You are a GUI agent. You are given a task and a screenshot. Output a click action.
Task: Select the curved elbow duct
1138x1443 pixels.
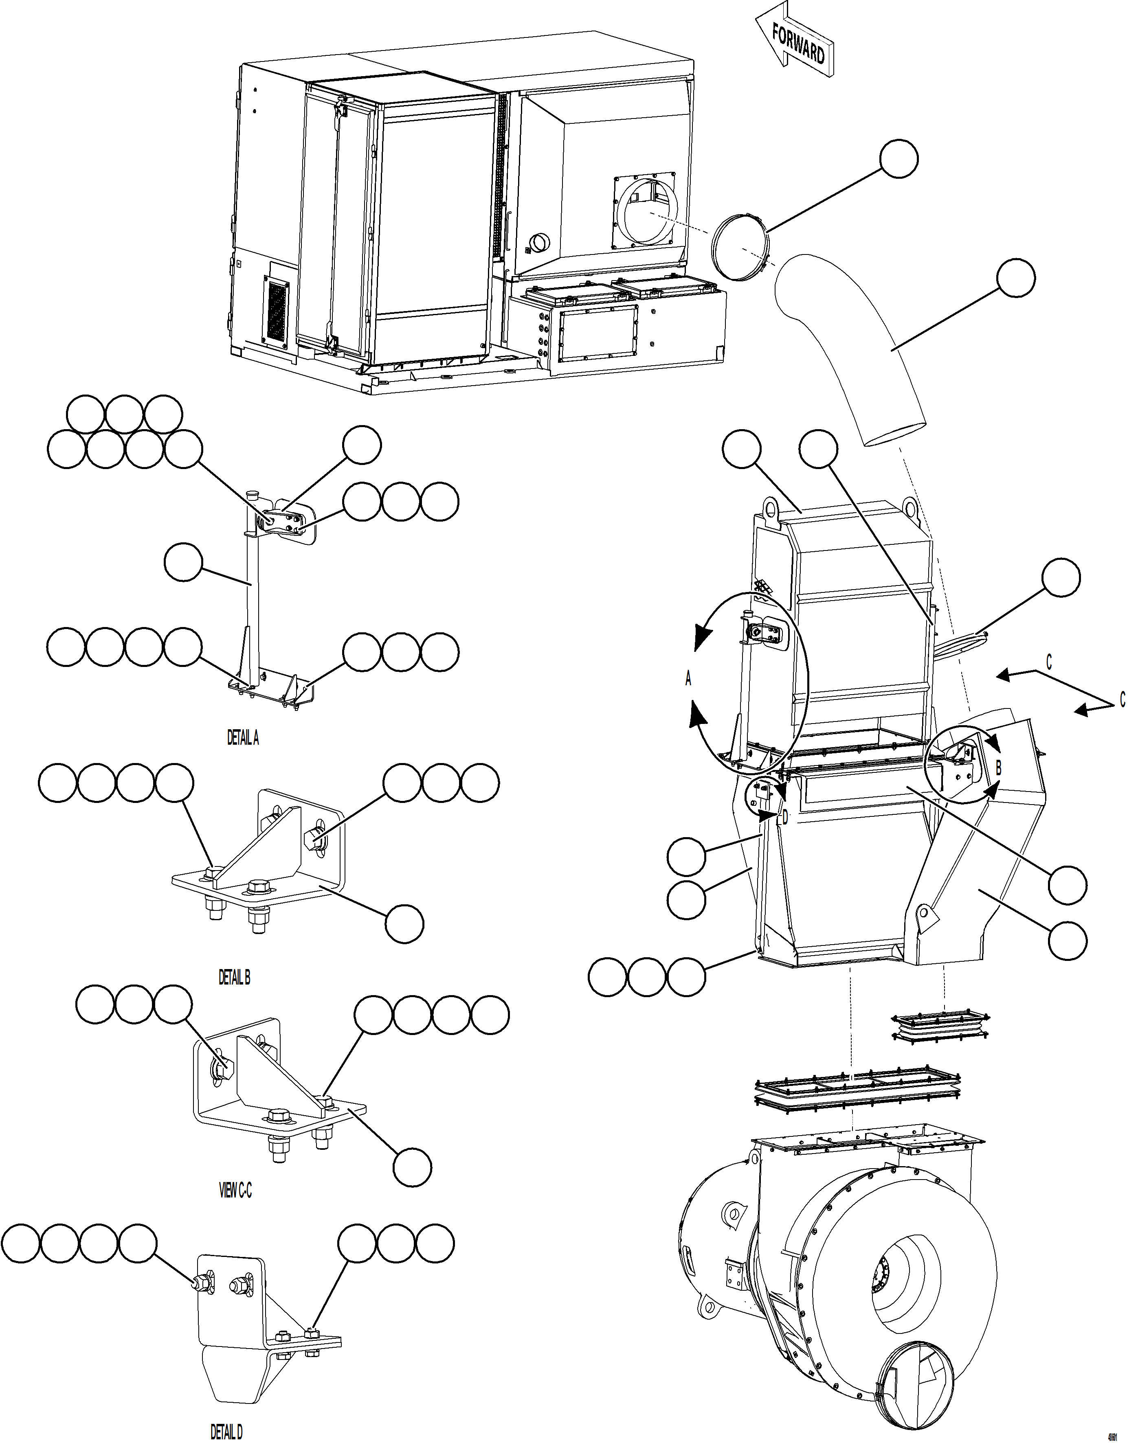coord(859,346)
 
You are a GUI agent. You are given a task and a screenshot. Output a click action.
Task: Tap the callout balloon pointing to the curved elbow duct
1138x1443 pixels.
coord(1016,279)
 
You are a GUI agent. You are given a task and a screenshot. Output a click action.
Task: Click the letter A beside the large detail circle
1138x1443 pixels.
coord(689,679)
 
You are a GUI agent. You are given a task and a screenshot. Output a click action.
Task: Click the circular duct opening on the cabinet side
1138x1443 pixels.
coord(645,213)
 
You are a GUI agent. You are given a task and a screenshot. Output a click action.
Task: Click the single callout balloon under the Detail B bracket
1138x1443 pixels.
coord(404,923)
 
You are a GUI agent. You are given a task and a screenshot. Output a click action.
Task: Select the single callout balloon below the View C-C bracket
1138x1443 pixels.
coord(412,1167)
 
